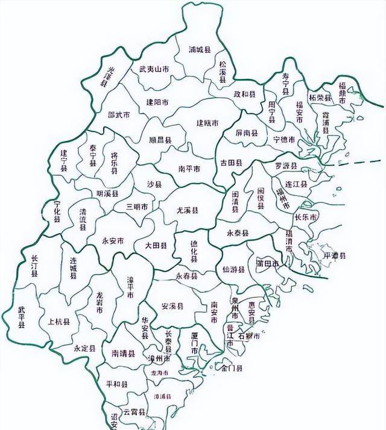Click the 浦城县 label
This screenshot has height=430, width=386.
click(x=199, y=49)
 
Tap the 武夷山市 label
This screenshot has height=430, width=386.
click(x=154, y=70)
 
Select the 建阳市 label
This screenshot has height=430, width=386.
click(x=157, y=102)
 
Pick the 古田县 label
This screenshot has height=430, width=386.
click(x=231, y=163)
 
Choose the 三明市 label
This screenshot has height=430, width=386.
click(x=137, y=206)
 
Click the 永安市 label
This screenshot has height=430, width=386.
click(x=113, y=240)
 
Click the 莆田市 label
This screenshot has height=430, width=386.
click(x=267, y=263)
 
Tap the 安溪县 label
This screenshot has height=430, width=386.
click(x=173, y=306)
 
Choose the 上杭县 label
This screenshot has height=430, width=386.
click(x=59, y=322)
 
